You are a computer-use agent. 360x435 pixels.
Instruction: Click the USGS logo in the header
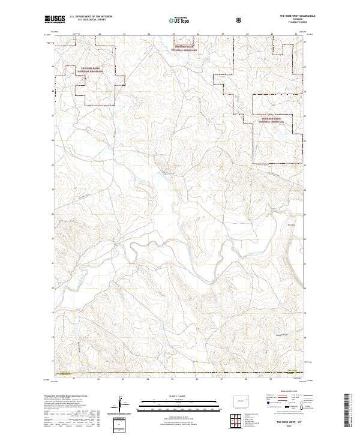click(x=55, y=20)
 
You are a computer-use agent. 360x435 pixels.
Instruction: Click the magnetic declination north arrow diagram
click(x=123, y=403)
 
